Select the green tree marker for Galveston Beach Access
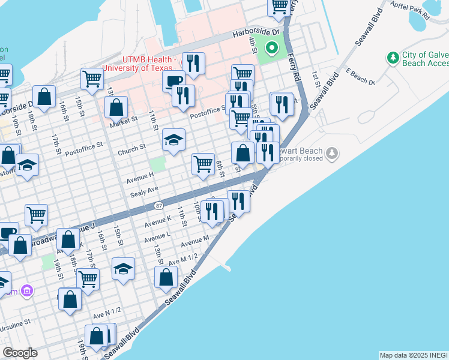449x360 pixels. [x=393, y=58]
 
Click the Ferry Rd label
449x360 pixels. [x=294, y=67]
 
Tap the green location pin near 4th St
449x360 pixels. [x=271, y=47]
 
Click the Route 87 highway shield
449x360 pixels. [x=158, y=205]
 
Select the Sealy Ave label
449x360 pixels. [x=144, y=190]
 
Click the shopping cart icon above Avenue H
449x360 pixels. [x=203, y=163]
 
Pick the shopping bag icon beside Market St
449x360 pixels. [x=116, y=107]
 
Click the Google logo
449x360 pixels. [x=20, y=353]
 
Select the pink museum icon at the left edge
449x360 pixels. [x=26, y=292]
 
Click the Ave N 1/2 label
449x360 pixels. [x=107, y=310]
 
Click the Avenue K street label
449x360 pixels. [x=158, y=221]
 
